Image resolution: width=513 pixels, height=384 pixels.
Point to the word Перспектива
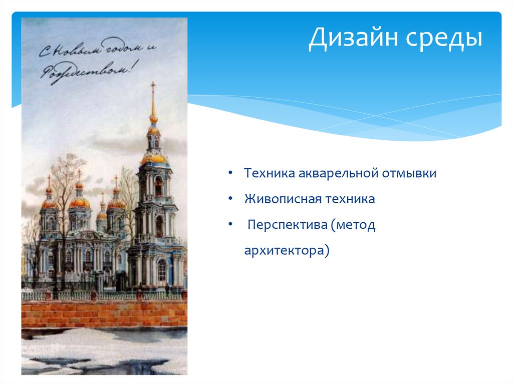286,225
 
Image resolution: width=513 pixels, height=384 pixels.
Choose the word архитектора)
287,250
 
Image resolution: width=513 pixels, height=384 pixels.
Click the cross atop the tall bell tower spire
153,86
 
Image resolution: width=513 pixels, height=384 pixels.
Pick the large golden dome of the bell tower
153,159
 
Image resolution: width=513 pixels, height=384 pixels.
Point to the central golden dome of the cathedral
80,202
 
